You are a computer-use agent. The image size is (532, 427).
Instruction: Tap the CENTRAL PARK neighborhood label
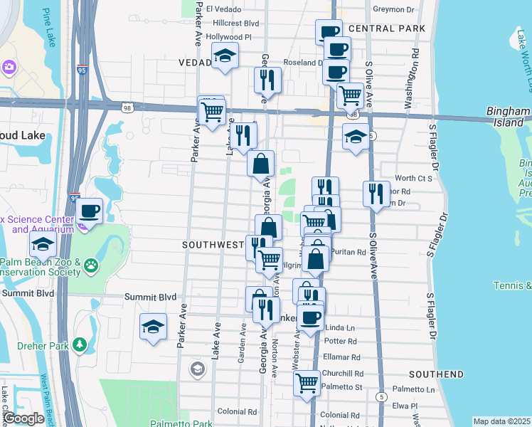387,28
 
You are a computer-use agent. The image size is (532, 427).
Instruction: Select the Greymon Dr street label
393,10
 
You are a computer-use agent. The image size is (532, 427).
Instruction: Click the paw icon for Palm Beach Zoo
91,266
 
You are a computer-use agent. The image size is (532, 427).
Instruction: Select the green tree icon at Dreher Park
80,345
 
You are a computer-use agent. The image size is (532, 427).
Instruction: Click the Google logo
23,418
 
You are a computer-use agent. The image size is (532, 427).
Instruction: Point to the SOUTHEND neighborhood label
436,374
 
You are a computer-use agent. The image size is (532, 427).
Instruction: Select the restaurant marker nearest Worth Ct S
376,192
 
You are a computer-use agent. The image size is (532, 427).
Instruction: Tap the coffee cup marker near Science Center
90,210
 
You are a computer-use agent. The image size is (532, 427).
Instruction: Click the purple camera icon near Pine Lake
9,67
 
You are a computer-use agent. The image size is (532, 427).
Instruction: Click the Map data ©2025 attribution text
501,421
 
